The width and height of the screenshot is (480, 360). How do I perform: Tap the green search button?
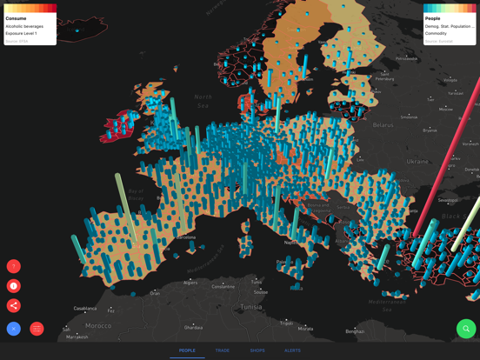[466, 329]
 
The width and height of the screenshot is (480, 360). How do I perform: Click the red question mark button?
[14, 266]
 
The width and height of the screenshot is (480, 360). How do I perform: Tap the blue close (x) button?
[14, 329]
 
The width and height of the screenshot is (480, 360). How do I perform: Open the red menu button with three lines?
[37, 329]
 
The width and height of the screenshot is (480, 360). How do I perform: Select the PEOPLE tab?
[187, 350]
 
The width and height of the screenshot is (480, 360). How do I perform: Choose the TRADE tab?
[223, 350]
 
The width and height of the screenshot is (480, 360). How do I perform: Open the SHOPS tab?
[257, 350]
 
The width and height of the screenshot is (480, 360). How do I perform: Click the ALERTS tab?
[292, 350]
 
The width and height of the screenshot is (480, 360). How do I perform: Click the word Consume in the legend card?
[16, 18]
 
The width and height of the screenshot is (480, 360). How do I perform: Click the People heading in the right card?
[433, 18]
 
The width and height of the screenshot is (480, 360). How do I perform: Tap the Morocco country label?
[97, 325]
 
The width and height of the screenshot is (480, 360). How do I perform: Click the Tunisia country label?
[250, 306]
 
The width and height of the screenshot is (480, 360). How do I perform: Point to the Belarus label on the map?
[383, 125]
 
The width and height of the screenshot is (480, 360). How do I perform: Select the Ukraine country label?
[417, 161]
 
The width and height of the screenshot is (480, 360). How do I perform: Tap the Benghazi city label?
[355, 331]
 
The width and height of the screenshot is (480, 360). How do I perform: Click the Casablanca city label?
[85, 309]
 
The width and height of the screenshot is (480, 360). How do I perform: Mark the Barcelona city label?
[184, 237]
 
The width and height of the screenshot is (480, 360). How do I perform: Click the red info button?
[14, 286]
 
